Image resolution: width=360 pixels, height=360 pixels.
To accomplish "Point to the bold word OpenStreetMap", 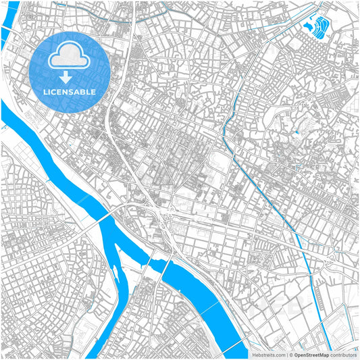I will pyautogui.click(x=311, y=355).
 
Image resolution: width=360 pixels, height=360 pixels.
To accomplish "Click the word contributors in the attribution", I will pyautogui.click(x=344, y=355).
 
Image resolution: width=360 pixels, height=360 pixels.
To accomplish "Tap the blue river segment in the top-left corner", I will pyautogui.click(x=9, y=27).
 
